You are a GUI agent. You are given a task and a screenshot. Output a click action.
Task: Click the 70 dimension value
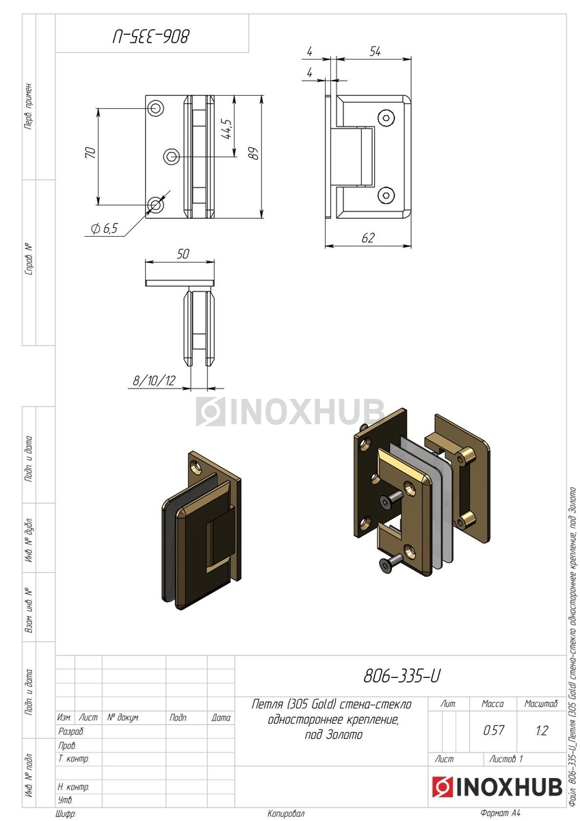tap(90, 152)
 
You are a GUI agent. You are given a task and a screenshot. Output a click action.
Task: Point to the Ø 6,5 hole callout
tap(105, 229)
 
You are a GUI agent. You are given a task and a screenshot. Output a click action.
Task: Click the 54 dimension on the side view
tap(375, 52)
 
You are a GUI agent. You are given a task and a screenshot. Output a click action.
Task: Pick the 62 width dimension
tap(368, 238)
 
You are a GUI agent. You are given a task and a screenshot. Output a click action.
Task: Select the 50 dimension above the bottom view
tap(183, 254)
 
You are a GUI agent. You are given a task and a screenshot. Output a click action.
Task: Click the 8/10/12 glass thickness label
tap(154, 381)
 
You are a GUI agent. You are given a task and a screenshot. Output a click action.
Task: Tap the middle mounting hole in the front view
tap(171, 157)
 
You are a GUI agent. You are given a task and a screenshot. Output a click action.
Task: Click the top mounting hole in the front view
tap(155, 108)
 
